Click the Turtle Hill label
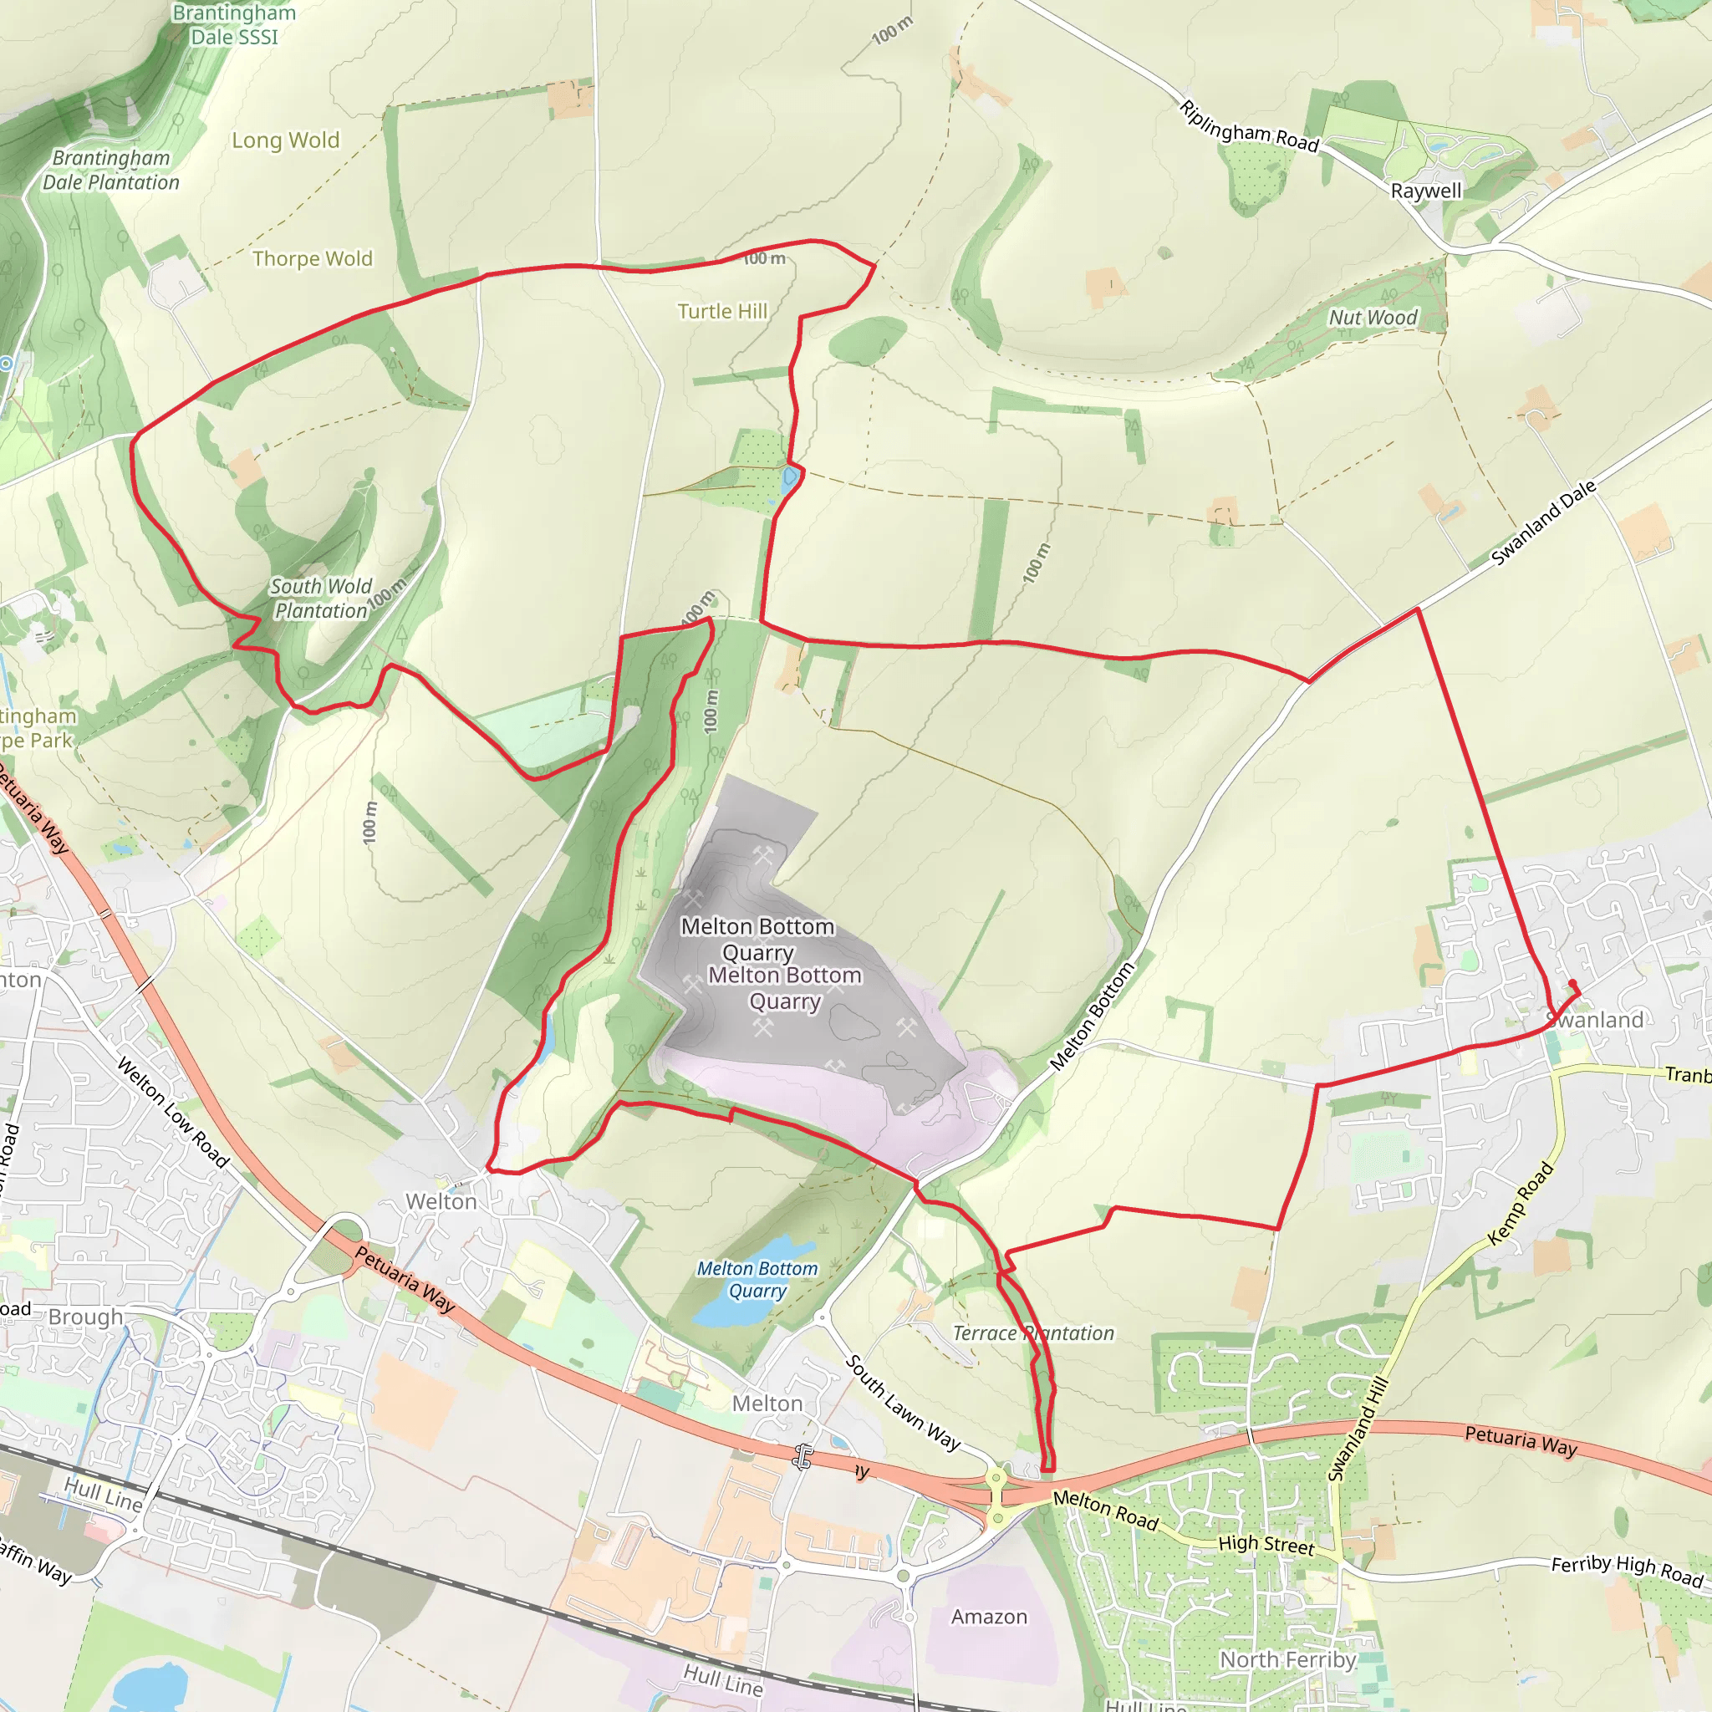[722, 311]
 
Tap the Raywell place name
[1426, 191]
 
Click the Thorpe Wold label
[312, 259]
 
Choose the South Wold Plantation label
[320, 599]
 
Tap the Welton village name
[441, 1201]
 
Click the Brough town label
[85, 1317]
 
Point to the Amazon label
[989, 1618]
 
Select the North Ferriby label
[1287, 1659]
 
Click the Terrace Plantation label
[1033, 1332]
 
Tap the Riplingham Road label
[1249, 127]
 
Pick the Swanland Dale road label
[1543, 522]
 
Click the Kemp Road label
[1521, 1204]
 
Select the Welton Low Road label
[174, 1112]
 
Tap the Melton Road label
[1106, 1510]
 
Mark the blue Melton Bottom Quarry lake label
[757, 1280]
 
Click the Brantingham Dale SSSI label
[234, 25]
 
